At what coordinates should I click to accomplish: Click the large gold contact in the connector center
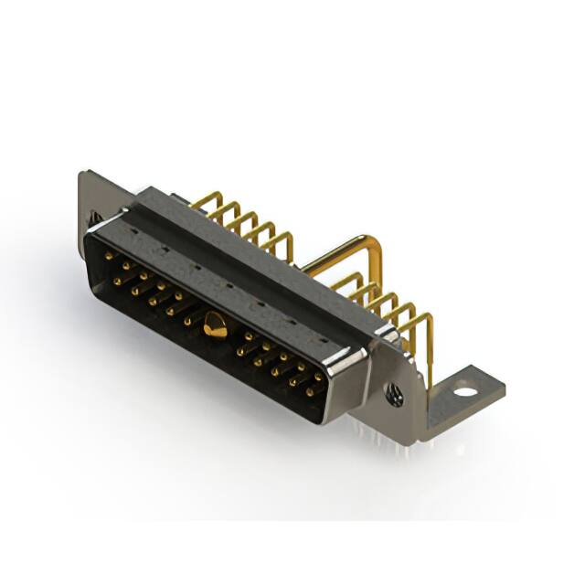click(x=216, y=324)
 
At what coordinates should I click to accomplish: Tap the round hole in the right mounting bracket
click(x=465, y=392)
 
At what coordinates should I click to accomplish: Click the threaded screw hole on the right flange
click(x=396, y=394)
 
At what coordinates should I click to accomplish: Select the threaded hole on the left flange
click(x=95, y=218)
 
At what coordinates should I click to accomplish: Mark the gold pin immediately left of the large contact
click(x=188, y=321)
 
